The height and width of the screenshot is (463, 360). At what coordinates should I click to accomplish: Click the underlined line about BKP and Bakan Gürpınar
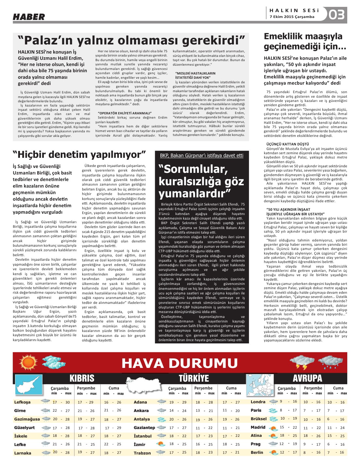tap(202, 156)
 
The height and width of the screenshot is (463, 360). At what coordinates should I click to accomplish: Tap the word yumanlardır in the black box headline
tap(195, 193)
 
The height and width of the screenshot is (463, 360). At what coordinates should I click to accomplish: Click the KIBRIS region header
tap(82, 378)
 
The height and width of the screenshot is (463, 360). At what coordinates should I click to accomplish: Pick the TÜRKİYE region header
tap(194, 378)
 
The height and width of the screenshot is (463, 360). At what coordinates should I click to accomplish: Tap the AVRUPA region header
tap(307, 378)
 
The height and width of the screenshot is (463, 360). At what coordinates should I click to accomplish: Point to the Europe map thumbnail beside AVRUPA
tap(260, 386)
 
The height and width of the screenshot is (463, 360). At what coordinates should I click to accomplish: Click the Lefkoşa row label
tap(22, 402)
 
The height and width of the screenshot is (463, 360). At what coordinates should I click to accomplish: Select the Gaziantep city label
tap(144, 428)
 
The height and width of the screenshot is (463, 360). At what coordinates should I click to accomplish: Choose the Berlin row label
tap(257, 453)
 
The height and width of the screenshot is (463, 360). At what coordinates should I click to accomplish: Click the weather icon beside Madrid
tap(273, 427)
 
